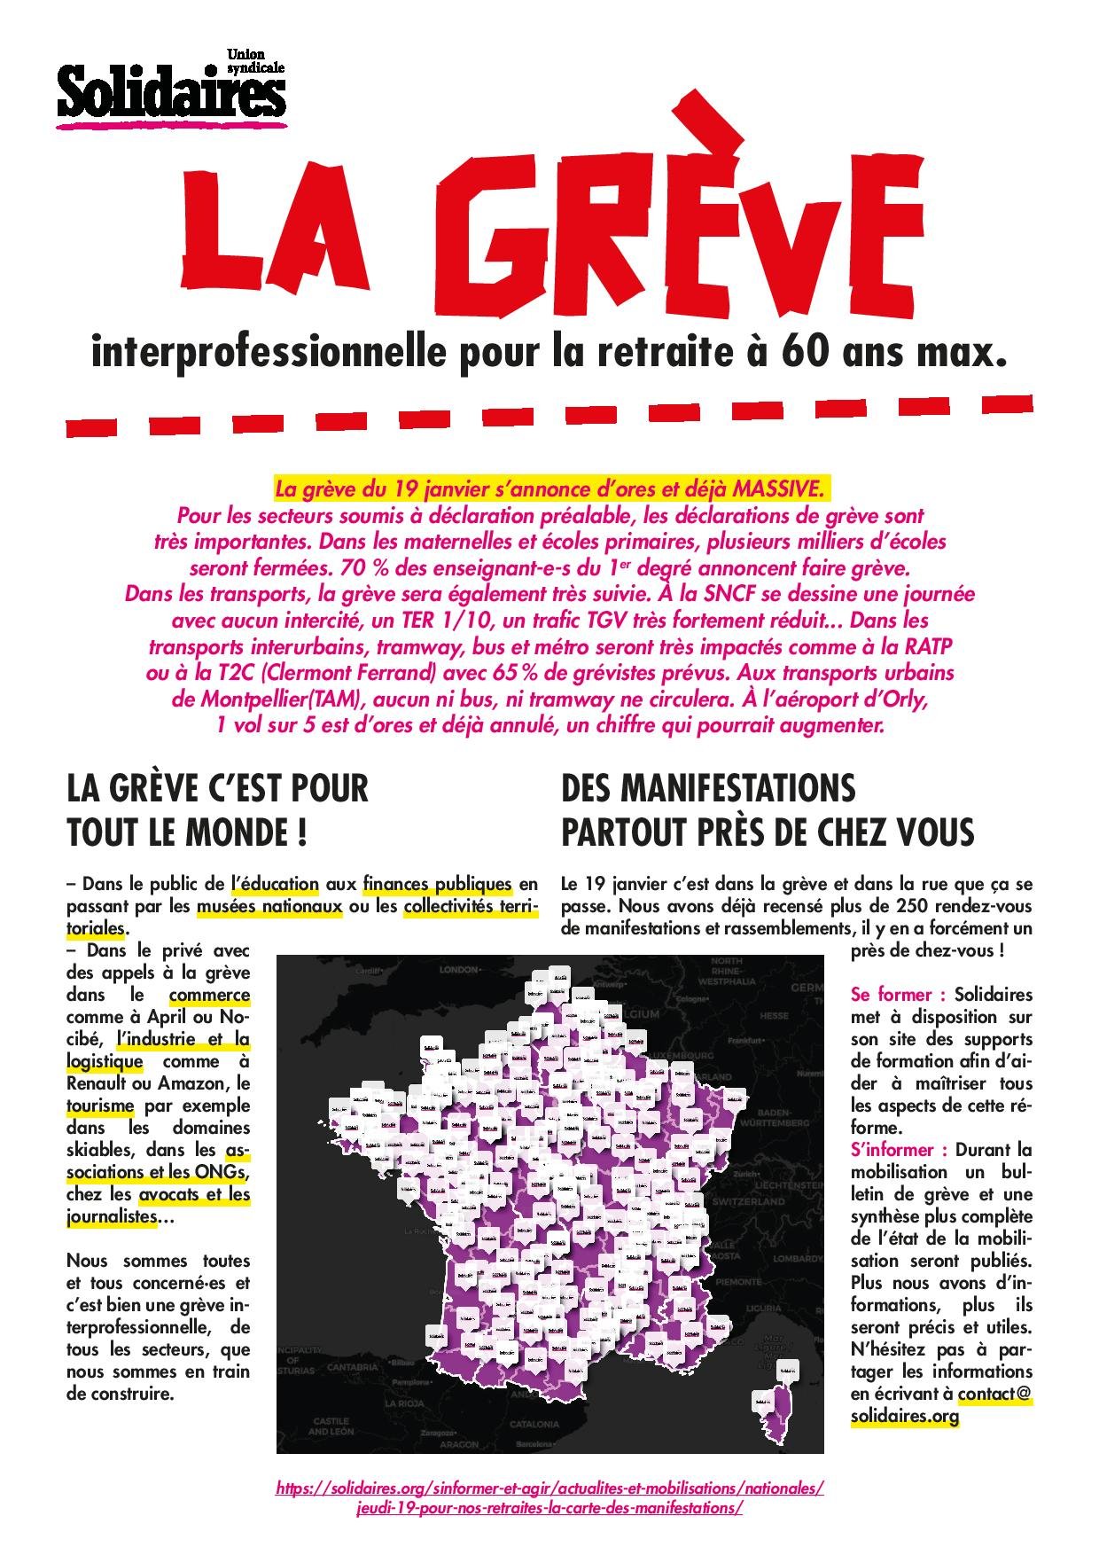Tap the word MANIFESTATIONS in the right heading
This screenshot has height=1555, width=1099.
tap(709, 788)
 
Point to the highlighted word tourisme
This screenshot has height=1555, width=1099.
tap(100, 1106)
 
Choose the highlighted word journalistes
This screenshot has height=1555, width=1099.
tap(112, 1217)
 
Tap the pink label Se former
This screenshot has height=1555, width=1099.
tap(895, 995)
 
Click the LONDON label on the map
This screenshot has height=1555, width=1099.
tap(459, 970)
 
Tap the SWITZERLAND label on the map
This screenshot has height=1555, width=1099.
tap(750, 1202)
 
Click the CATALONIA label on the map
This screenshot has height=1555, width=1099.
tap(534, 1425)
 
